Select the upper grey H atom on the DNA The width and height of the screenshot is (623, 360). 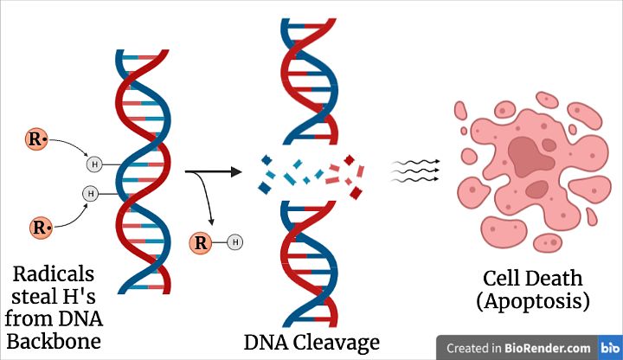tap(94, 163)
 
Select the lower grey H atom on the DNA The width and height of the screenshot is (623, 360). tap(90, 193)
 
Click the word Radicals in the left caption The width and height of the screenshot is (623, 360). tap(55, 275)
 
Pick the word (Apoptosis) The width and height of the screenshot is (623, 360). tap(535, 302)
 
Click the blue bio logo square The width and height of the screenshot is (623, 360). tap(609, 348)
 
